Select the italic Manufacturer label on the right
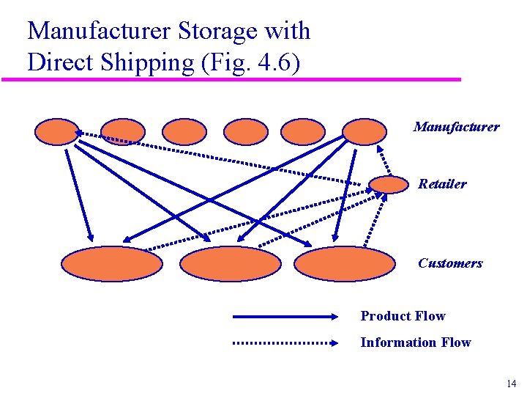[456, 127]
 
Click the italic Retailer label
[442, 184]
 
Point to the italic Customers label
[450, 263]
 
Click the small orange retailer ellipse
[388, 184]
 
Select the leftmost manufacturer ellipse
[56, 132]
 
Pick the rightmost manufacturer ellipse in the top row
[365, 132]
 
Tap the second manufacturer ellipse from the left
[123, 132]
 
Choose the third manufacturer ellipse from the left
[184, 132]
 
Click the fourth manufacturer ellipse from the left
[246, 132]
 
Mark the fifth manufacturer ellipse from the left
[303, 132]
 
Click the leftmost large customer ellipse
[111, 264]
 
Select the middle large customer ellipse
[230, 264]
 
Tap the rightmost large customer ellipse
[344, 264]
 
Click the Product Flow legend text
[403, 316]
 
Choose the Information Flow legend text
[415, 342]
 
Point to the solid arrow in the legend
[285, 317]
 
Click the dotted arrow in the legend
[285, 342]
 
